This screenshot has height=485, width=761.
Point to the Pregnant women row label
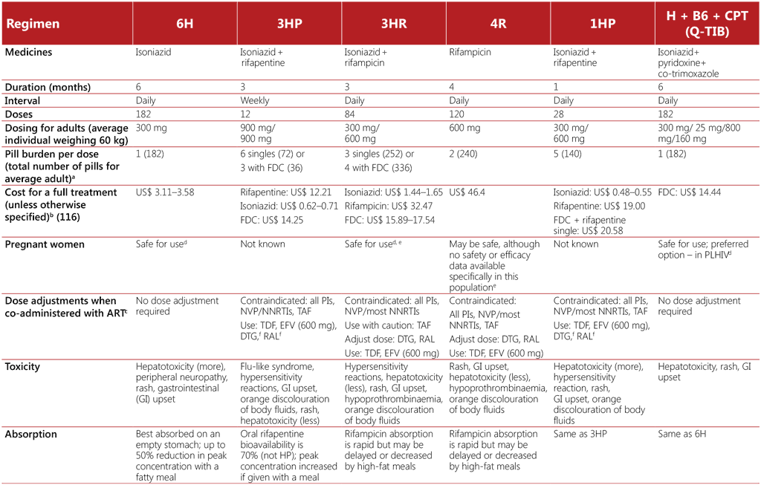45,244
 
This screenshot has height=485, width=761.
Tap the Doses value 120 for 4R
457,114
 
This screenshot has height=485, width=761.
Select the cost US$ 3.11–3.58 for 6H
166,192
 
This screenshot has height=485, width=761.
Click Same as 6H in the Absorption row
681,434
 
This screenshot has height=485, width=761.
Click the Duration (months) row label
48,87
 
